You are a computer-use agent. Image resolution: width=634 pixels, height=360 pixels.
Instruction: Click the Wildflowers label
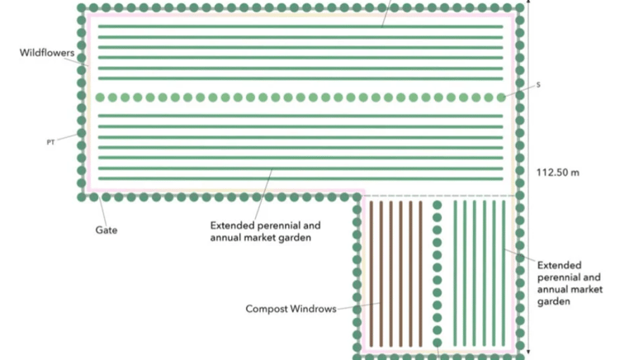tap(46, 52)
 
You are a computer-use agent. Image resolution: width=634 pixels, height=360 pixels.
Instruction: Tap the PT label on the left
tap(50, 142)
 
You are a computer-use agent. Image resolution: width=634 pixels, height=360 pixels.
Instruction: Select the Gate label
tap(106, 230)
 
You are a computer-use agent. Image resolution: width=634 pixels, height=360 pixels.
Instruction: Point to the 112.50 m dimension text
tap(559, 173)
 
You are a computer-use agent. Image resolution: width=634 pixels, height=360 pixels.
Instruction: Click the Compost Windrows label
tap(291, 309)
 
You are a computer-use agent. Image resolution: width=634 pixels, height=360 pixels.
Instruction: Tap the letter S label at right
tap(538, 85)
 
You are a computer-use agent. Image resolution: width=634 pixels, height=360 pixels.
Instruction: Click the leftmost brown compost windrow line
tap(371, 272)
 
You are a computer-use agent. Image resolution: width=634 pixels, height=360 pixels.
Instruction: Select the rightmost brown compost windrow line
tap(420, 272)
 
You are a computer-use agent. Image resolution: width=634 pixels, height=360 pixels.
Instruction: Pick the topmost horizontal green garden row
tap(300, 26)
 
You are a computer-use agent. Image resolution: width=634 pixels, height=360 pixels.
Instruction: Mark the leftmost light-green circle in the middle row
tap(100, 97)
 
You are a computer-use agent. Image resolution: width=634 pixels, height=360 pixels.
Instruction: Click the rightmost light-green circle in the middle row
tap(501, 97)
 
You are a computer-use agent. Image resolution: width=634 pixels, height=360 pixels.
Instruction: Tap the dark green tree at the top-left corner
tap(82, 8)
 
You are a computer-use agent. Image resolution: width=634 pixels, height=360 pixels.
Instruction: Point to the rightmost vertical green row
tap(504, 272)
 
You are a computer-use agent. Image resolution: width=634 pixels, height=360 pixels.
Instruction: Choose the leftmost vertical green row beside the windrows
tap(455, 272)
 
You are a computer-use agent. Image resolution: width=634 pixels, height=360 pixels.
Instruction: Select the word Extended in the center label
tap(233, 225)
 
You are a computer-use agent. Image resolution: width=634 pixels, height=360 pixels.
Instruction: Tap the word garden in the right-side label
tap(553, 301)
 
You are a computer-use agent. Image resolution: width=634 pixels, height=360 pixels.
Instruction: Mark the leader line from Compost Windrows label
tap(359, 306)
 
